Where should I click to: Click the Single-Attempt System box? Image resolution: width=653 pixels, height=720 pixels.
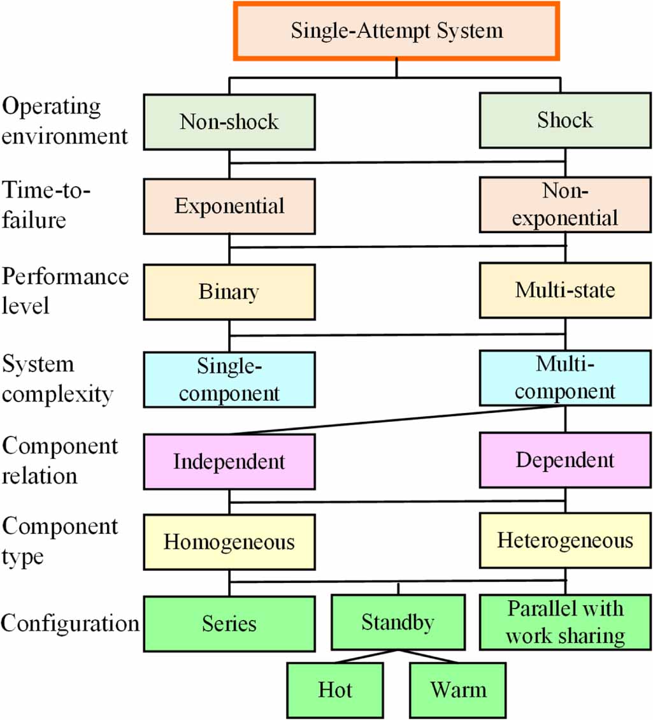tap(396, 31)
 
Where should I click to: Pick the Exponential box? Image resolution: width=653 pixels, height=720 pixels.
tap(229, 206)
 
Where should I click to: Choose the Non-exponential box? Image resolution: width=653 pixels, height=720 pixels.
tap(565, 205)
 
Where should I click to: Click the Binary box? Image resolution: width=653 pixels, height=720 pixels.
tap(229, 292)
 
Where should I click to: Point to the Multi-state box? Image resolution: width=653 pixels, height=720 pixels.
tap(565, 291)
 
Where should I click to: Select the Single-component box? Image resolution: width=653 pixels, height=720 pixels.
tap(229, 379)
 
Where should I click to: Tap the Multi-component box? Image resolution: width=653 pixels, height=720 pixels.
tap(565, 378)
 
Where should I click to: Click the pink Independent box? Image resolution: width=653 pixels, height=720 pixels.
tap(229, 461)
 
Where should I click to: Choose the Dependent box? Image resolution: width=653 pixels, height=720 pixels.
tap(565, 460)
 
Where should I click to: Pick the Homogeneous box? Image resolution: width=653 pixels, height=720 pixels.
tap(229, 542)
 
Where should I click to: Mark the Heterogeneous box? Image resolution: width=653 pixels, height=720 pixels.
tap(565, 541)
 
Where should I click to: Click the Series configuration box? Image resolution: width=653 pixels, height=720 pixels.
tap(229, 623)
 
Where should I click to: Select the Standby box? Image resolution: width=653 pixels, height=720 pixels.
tap(398, 623)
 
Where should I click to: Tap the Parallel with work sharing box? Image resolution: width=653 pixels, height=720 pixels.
tap(565, 622)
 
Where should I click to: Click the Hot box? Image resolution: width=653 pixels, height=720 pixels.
tap(335, 690)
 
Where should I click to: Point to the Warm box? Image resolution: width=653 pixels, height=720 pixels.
tap(458, 690)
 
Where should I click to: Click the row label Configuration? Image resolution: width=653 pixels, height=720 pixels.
tap(69, 623)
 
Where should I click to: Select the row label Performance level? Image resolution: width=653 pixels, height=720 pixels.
tap(64, 291)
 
